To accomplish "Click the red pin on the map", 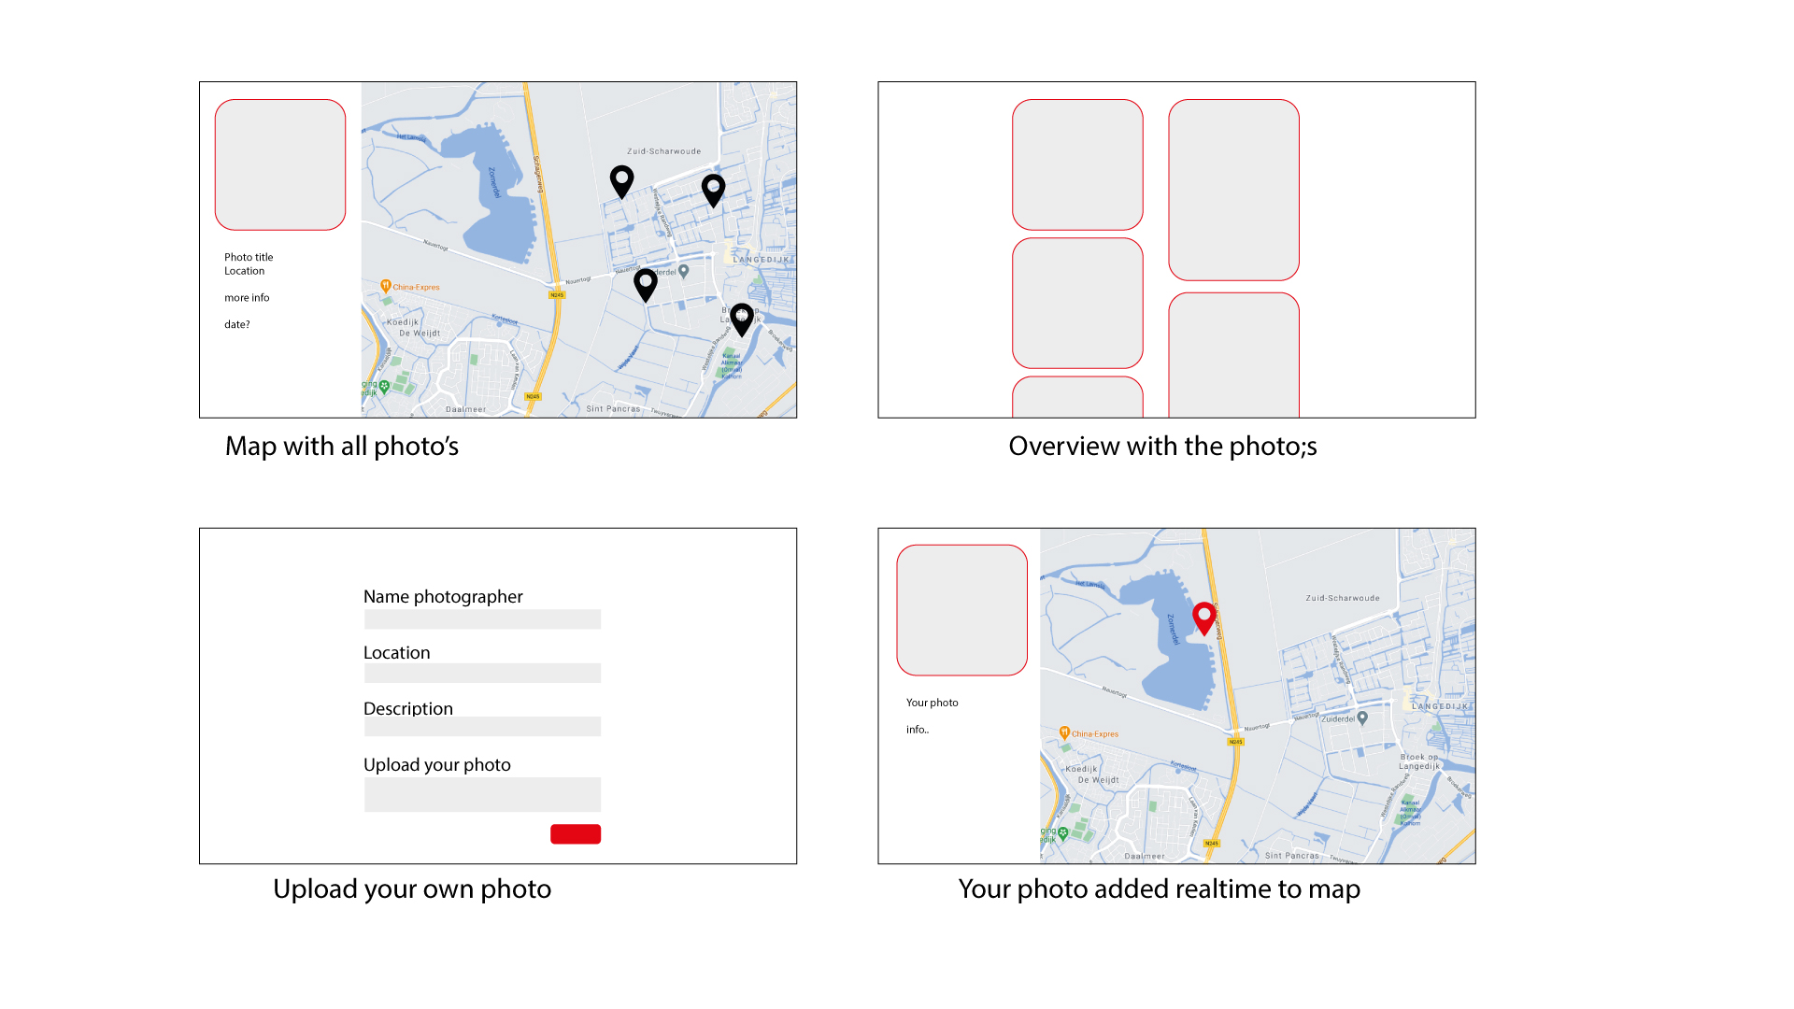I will (1204, 617).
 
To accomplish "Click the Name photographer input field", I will (482, 619).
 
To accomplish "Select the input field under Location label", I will (482, 674).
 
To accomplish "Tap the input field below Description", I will (482, 727).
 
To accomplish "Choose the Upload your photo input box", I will (482, 795).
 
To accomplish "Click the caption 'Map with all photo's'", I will (342, 447).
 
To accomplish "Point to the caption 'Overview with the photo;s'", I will (1162, 447).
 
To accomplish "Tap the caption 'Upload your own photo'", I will (412, 889).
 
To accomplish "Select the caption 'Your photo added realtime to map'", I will (1159, 889).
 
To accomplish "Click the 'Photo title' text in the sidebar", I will (249, 257).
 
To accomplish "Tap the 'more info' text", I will (247, 298).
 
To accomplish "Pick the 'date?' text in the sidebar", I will (237, 325).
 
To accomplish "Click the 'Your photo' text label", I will (932, 703).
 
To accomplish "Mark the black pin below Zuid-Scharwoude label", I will (621, 179).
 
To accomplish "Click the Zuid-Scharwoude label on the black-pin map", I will (663, 151).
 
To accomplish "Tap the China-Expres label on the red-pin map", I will (1094, 734).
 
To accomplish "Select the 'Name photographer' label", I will (443, 597).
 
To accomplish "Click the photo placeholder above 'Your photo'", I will (961, 610).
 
